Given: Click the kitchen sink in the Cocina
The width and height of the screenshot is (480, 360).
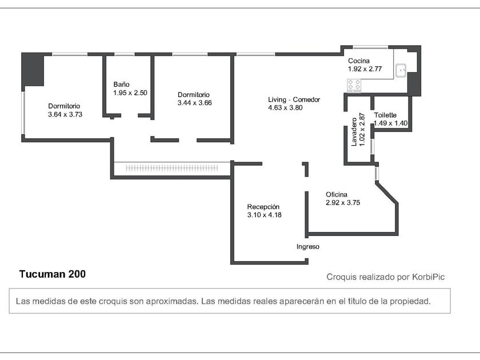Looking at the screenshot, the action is pyautogui.click(x=401, y=70).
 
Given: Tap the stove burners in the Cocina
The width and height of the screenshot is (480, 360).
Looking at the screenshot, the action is pyautogui.click(x=354, y=85).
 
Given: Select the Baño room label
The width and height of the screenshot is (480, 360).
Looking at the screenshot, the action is pyautogui.click(x=122, y=85).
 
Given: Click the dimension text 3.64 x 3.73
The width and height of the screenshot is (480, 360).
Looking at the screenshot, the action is pyautogui.click(x=65, y=114).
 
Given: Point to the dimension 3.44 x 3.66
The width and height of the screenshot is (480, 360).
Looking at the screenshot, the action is pyautogui.click(x=195, y=103).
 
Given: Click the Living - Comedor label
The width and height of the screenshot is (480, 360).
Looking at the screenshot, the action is pyautogui.click(x=294, y=99).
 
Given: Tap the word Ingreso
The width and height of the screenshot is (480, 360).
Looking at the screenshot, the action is pyautogui.click(x=307, y=247).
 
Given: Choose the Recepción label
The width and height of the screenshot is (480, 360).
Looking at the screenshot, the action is pyautogui.click(x=263, y=207).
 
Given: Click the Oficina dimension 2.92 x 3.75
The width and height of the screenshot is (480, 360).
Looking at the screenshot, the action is pyautogui.click(x=343, y=203).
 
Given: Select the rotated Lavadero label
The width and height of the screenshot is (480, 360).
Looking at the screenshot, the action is pyautogui.click(x=354, y=132).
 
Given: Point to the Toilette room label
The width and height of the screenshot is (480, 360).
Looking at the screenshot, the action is pyautogui.click(x=385, y=115).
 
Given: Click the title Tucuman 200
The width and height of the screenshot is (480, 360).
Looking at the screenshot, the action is pyautogui.click(x=53, y=274).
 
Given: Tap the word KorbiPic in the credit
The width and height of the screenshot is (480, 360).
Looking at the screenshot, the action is pyautogui.click(x=428, y=277).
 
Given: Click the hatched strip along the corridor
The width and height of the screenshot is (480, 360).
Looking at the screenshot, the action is pyautogui.click(x=172, y=168).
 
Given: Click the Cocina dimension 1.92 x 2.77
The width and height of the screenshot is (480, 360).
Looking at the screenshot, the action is pyautogui.click(x=365, y=69).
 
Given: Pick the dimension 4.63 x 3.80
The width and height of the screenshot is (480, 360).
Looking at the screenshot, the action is pyautogui.click(x=285, y=108).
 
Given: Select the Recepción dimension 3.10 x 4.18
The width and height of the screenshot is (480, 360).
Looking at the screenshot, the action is pyautogui.click(x=265, y=215).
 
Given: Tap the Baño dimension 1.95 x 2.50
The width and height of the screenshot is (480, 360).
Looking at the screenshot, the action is pyautogui.click(x=130, y=93).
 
